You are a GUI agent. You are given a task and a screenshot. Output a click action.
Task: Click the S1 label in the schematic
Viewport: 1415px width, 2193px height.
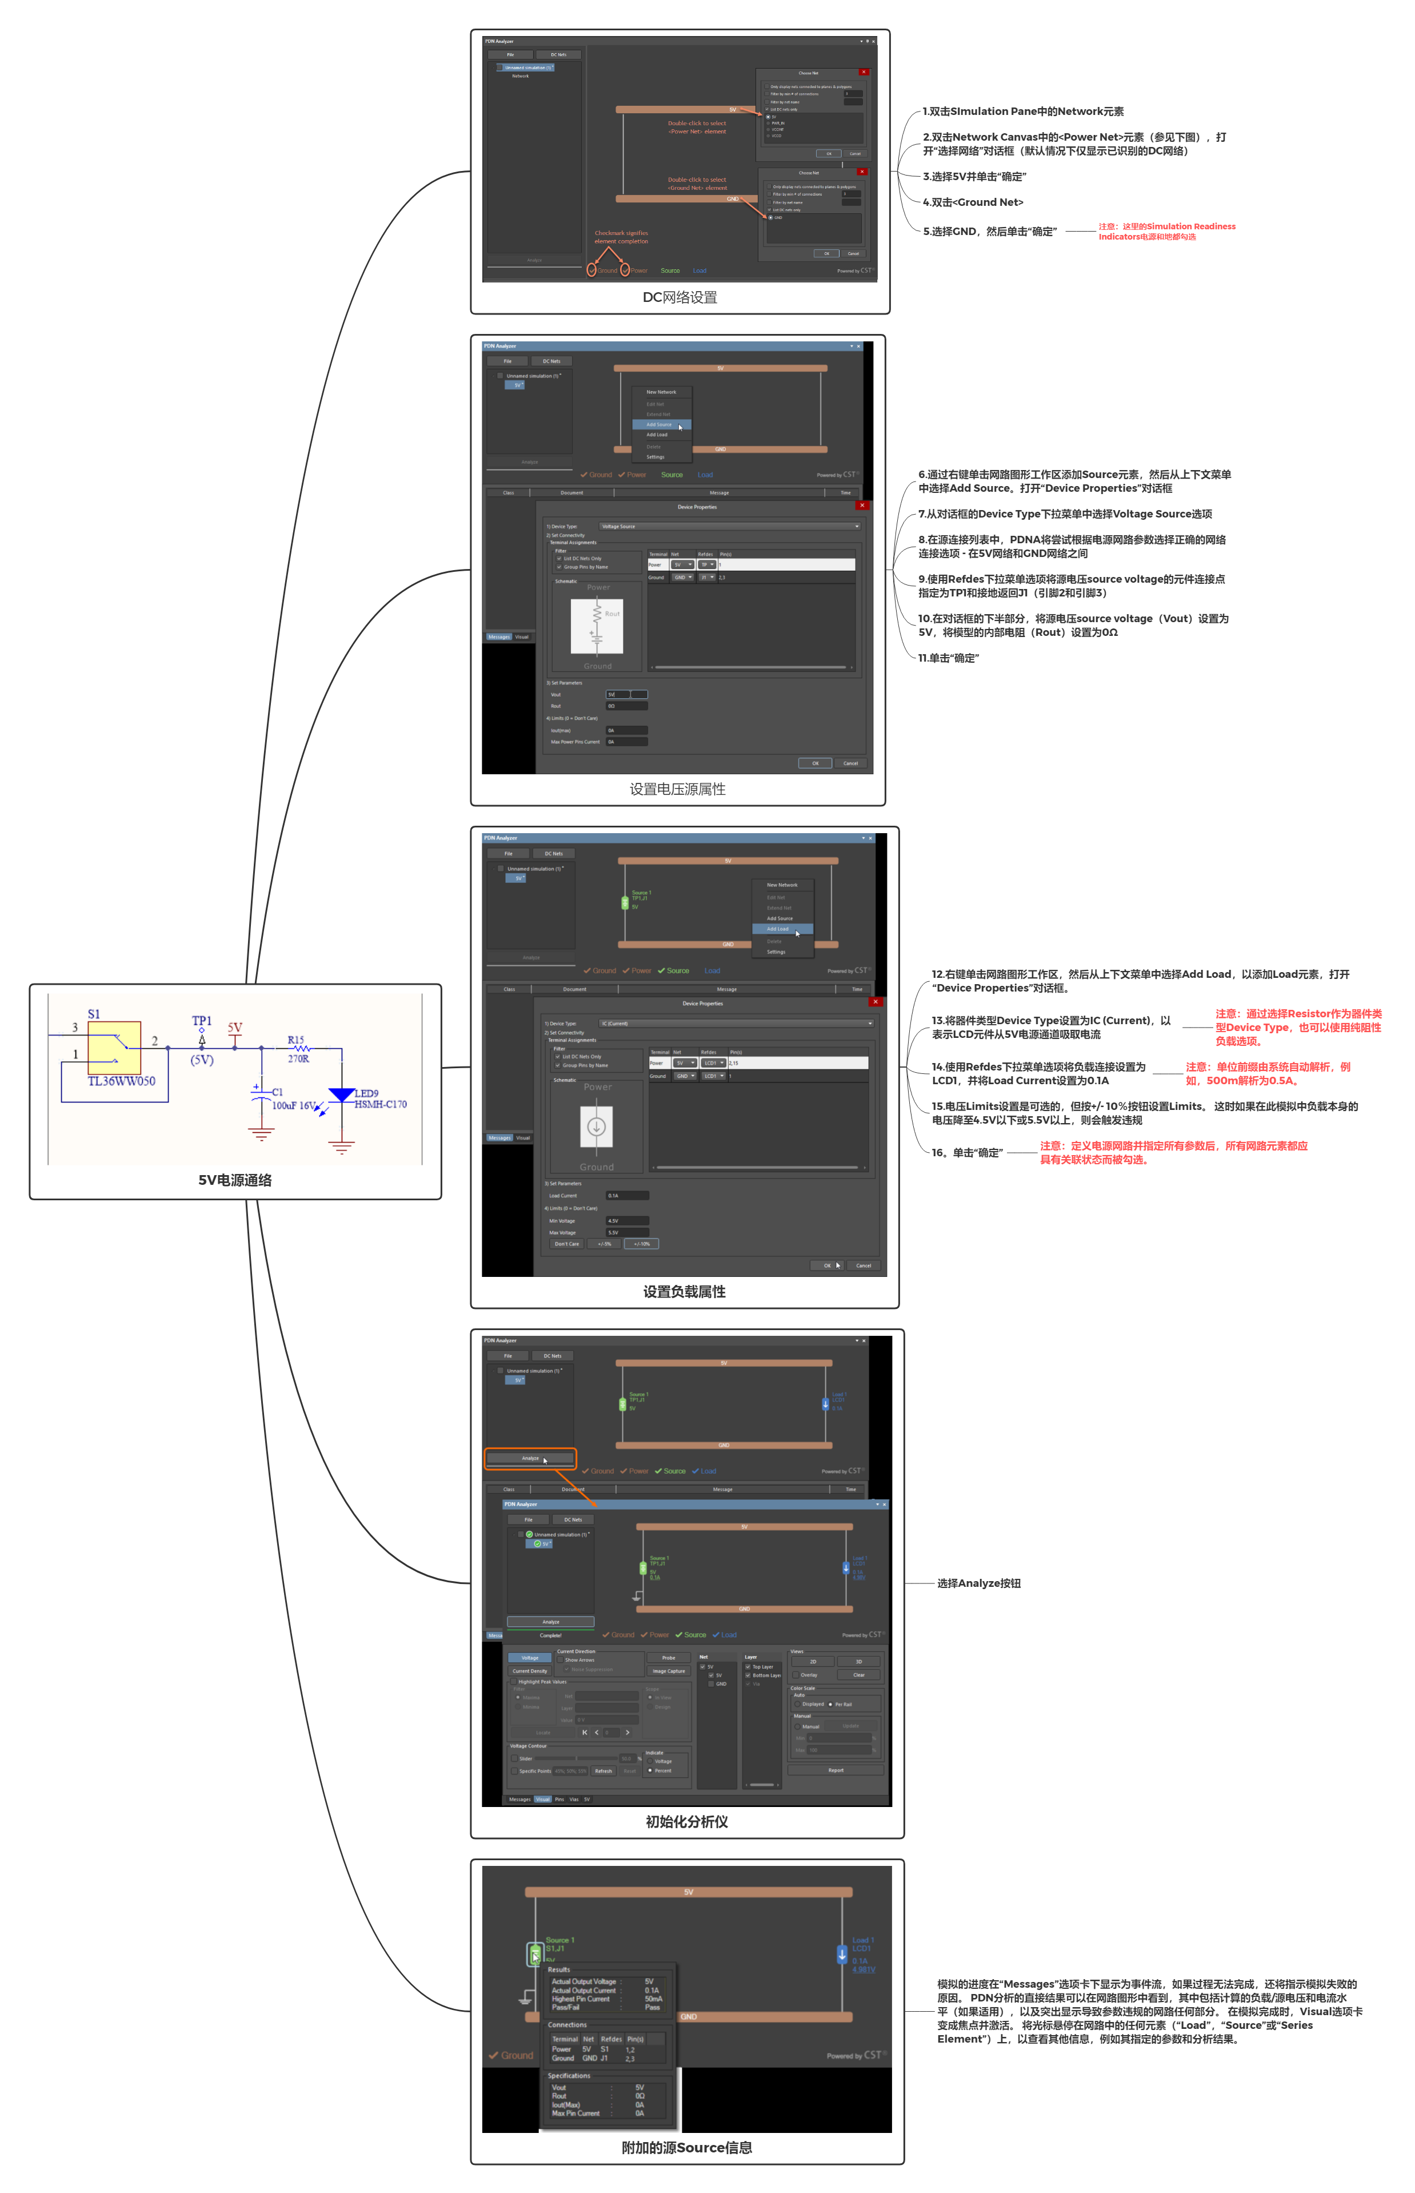pos(94,1014)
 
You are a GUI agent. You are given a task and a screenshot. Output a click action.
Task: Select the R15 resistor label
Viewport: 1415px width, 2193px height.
pos(296,1040)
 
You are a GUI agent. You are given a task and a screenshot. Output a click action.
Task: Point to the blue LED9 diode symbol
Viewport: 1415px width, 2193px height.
pos(342,1094)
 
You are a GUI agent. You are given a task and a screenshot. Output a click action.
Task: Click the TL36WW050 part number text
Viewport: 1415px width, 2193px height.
pos(121,1081)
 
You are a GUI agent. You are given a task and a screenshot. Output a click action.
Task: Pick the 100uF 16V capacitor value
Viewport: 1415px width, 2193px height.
pos(294,1106)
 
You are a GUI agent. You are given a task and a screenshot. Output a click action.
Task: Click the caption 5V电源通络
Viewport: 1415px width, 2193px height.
pos(235,1180)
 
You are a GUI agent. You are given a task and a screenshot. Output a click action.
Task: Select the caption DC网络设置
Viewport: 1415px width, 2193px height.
pos(680,297)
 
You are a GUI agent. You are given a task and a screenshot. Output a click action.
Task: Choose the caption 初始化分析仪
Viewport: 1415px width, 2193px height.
pos(686,1822)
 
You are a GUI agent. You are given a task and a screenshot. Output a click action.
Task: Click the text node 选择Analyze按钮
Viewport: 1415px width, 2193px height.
pos(978,1583)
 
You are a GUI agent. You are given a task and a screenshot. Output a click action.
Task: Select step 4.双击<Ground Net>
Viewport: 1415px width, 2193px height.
pos(973,202)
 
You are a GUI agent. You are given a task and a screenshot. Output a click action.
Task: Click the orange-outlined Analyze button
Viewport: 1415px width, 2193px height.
pos(531,1458)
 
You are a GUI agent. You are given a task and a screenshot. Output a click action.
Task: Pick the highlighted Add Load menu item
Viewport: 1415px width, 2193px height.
pos(781,928)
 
